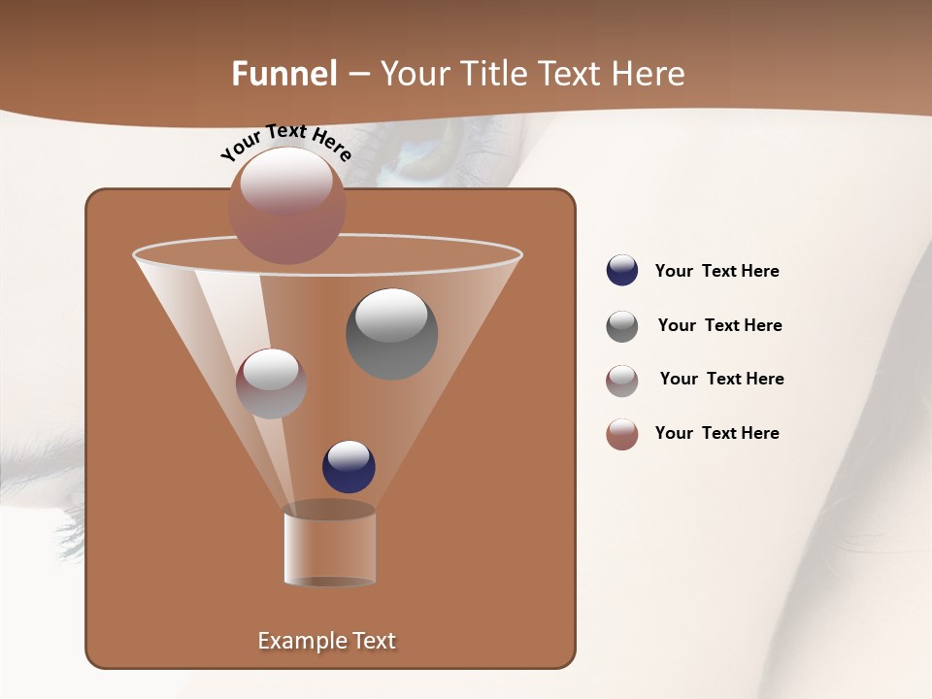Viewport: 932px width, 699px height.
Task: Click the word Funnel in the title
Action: point(284,74)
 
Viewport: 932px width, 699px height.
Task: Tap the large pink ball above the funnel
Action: point(286,205)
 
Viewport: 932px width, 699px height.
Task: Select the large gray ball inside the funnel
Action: point(391,333)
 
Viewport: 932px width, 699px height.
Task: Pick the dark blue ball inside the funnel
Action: point(349,466)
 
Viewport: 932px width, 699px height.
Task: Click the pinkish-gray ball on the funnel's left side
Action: point(271,383)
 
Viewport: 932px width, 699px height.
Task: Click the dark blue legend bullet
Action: point(621,271)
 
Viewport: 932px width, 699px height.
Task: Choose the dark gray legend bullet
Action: point(621,326)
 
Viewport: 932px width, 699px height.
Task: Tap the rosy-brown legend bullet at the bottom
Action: point(621,434)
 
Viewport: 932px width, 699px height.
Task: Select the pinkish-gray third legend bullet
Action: point(621,380)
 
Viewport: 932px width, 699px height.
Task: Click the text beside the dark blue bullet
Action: point(716,271)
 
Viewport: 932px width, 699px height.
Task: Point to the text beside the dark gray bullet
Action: point(719,325)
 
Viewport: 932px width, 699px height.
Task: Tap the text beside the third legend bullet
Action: point(721,379)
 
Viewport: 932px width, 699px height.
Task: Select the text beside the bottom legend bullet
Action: point(716,433)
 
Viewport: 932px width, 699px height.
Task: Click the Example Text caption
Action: point(326,641)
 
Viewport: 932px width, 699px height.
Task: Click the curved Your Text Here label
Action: point(285,141)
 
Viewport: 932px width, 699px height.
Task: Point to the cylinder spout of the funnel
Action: point(329,546)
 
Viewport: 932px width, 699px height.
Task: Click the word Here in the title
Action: point(650,74)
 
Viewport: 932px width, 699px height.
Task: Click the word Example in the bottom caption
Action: point(298,641)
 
